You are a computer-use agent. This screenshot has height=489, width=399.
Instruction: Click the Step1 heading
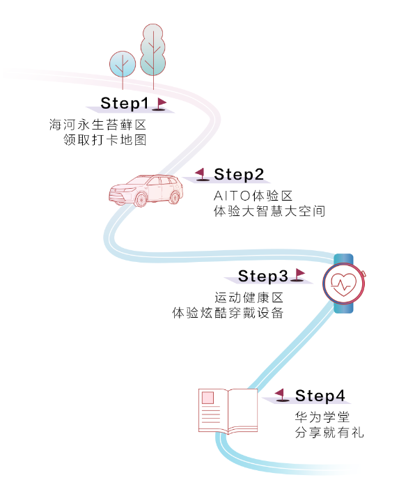tap(125, 103)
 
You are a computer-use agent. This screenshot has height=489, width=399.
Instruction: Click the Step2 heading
tap(239, 173)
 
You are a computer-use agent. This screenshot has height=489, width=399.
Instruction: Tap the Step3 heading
tap(263, 276)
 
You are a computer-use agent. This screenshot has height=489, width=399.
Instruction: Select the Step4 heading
tap(320, 396)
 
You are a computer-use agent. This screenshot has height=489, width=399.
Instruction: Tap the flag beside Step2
tap(202, 173)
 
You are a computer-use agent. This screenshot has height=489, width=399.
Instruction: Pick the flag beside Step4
tap(281, 395)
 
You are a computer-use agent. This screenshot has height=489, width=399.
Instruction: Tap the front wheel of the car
tap(140, 199)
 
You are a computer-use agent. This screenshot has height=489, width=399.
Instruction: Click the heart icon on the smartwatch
tap(343, 285)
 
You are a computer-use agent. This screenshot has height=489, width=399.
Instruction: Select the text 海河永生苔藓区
tap(98, 125)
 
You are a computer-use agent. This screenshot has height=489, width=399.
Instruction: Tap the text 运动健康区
tap(249, 297)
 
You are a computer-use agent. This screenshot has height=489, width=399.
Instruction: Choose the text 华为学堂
tap(321, 417)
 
